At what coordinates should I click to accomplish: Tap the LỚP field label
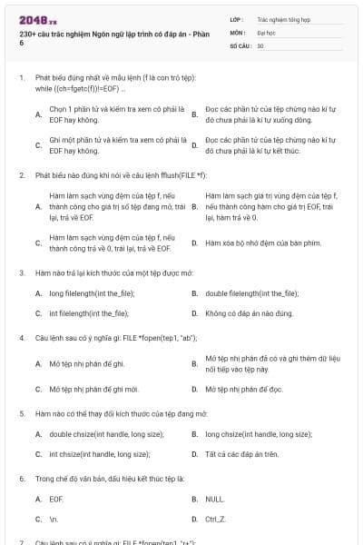(237, 17)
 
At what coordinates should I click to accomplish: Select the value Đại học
(267, 31)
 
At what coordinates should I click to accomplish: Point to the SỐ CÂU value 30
(260, 45)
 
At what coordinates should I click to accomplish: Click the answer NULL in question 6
(214, 499)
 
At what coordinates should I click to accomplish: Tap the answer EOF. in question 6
(56, 499)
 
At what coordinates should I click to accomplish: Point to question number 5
(21, 413)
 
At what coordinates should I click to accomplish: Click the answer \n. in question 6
(54, 519)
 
